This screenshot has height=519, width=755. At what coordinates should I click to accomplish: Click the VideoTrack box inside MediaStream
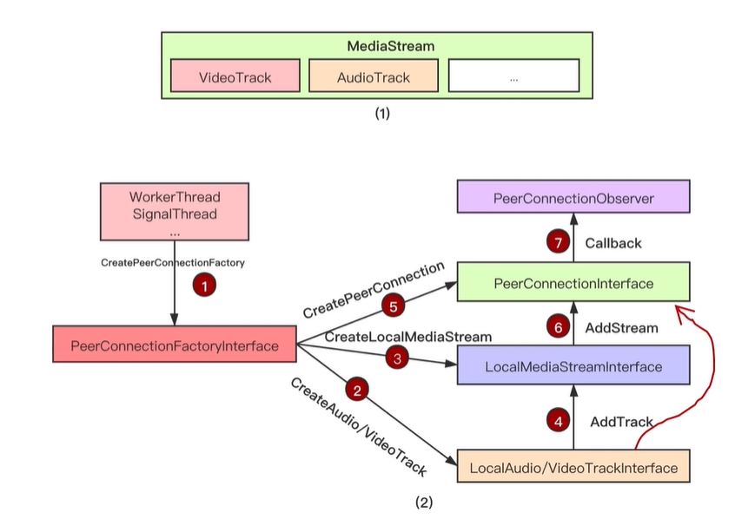click(235, 76)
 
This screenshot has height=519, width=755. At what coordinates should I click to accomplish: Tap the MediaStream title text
click(378, 45)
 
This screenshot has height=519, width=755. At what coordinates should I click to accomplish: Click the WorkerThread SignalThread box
click(175, 210)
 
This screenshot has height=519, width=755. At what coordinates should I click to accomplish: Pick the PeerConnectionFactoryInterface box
click(174, 345)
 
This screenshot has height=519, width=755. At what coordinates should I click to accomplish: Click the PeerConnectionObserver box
click(573, 199)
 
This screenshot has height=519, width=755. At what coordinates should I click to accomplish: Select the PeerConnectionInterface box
click(573, 283)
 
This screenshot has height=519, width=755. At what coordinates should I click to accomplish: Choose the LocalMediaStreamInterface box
click(573, 366)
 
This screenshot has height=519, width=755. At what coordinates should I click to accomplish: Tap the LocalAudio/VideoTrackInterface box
click(573, 468)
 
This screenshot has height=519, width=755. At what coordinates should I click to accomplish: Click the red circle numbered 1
click(203, 285)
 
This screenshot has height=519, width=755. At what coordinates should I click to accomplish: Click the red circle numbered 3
click(396, 356)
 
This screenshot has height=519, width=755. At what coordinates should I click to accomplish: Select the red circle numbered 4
click(557, 421)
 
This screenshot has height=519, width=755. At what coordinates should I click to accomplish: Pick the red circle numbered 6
click(557, 326)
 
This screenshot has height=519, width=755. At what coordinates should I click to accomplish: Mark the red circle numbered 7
click(557, 243)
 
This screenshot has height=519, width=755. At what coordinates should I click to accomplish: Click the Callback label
click(613, 243)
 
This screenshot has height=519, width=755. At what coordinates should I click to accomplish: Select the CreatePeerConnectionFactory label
click(174, 262)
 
